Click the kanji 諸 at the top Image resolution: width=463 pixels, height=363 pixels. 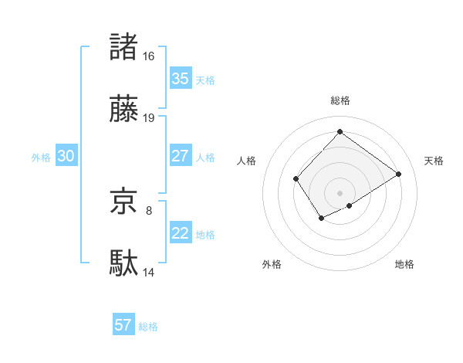point(124,47)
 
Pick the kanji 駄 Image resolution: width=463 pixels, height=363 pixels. point(124,263)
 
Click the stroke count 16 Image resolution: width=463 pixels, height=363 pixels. point(149,56)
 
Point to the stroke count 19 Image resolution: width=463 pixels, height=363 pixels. point(149,118)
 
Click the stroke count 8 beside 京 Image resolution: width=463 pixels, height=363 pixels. point(149,209)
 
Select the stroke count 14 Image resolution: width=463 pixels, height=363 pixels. point(149,272)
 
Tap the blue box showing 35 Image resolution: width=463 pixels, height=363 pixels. point(180,79)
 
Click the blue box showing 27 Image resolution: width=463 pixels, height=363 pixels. point(180,156)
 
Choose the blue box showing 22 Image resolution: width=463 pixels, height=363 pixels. point(180,233)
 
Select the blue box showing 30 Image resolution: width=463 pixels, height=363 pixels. point(66,156)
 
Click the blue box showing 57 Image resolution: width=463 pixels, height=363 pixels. point(123,325)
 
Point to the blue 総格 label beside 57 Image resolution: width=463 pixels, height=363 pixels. point(148,327)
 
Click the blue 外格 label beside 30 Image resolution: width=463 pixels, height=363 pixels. point(41,158)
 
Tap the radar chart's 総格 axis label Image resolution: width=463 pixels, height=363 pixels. point(340,100)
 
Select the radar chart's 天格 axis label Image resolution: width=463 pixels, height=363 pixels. point(434,161)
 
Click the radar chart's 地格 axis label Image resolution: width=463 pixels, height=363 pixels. point(404,264)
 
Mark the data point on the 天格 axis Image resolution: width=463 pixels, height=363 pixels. point(398,174)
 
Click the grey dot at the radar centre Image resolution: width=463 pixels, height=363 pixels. point(340,192)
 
